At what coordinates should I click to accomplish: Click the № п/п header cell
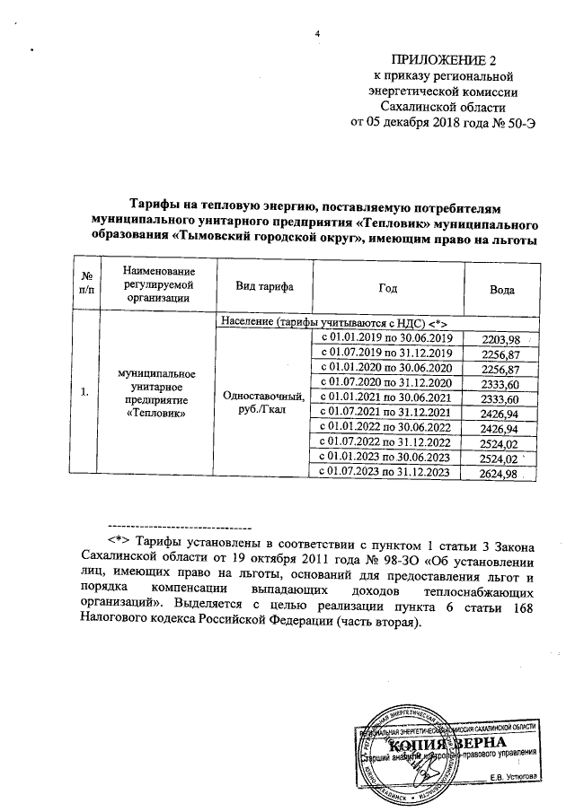86,286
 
